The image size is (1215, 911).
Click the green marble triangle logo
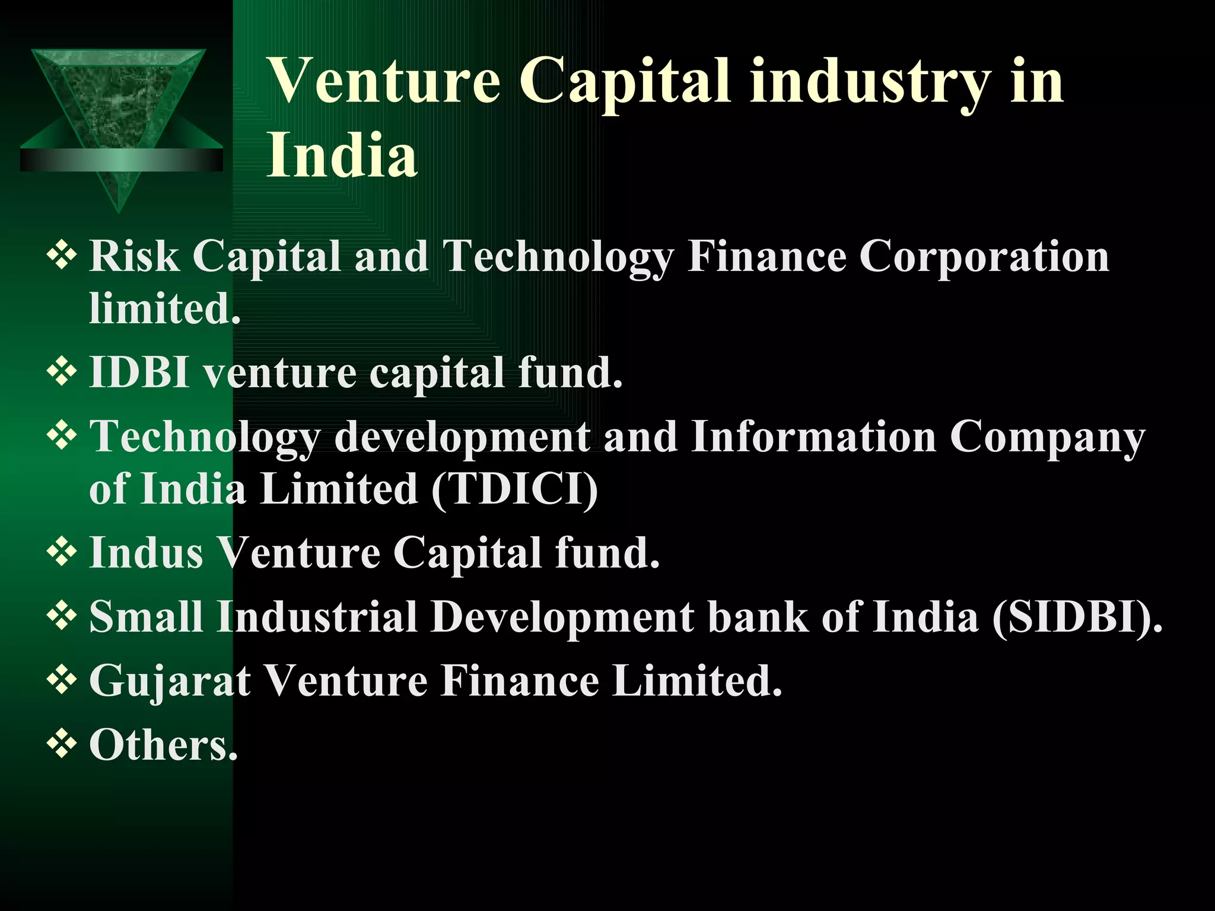119,119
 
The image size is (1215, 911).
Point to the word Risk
134,256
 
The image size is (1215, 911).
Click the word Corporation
984,256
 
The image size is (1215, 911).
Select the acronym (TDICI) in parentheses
514,489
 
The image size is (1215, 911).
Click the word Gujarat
170,681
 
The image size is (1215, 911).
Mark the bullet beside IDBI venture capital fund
61,372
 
